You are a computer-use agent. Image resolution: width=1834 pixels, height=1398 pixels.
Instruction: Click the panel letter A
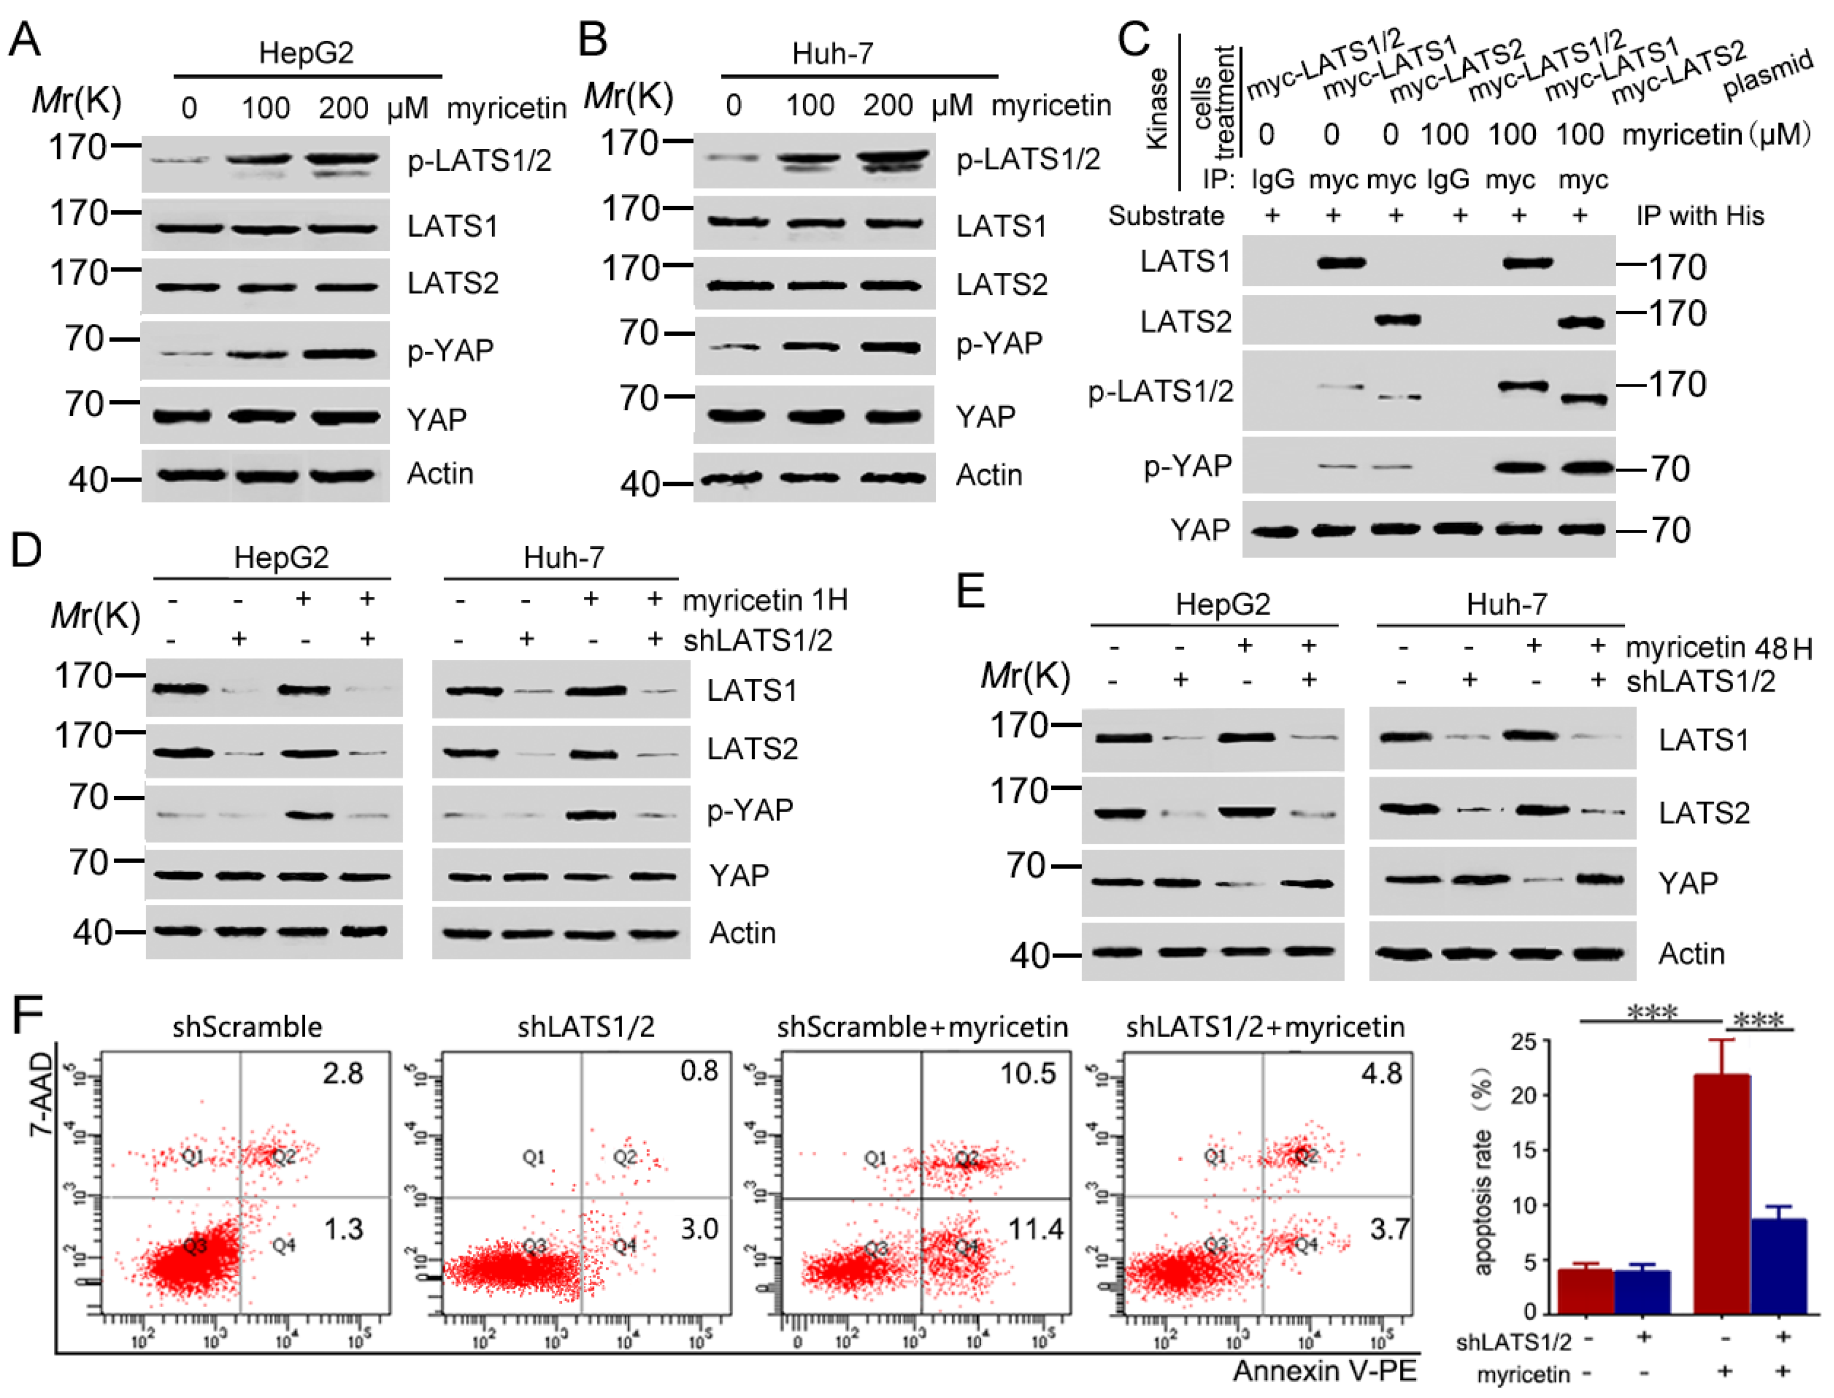(x=25, y=39)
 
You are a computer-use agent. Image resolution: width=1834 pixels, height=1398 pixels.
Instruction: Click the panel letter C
(x=1133, y=39)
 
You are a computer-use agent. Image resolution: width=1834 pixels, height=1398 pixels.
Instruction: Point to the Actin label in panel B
(x=989, y=475)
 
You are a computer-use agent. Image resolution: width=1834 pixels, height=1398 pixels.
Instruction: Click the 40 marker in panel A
(x=88, y=480)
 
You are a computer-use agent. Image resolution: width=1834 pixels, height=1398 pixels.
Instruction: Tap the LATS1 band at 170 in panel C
(x=1341, y=264)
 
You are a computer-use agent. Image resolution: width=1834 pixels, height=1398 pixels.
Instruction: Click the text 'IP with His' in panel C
(x=1700, y=216)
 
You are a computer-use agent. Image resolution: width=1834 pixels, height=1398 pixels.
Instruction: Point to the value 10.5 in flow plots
(x=1027, y=1073)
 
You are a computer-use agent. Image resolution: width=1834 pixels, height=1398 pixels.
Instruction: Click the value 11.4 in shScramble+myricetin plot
(x=1035, y=1228)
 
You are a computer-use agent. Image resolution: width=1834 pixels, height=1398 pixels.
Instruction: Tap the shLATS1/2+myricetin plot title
(x=1265, y=1027)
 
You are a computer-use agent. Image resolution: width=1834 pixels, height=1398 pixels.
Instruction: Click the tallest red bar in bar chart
(x=1722, y=1190)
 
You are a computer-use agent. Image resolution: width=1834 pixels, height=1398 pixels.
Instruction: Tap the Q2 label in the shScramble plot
(x=284, y=1156)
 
